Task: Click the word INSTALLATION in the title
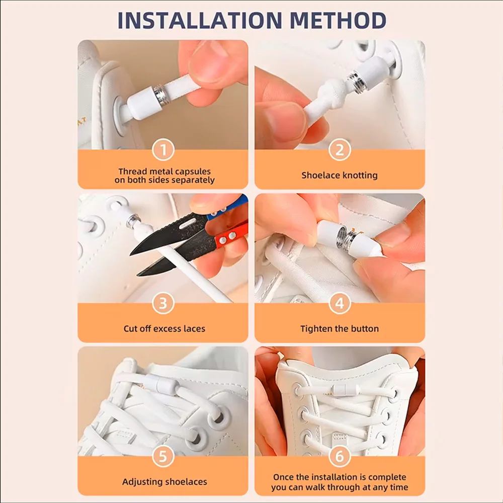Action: [x=200, y=20]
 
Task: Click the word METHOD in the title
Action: [x=338, y=20]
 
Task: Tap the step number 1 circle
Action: [x=163, y=149]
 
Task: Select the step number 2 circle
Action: [x=340, y=149]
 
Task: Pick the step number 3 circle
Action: [x=163, y=303]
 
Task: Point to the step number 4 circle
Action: [x=340, y=303]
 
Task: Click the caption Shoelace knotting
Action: [x=340, y=176]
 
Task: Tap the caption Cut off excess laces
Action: [x=164, y=328]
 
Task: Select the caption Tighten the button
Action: [x=340, y=329]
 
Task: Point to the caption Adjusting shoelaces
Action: [x=164, y=482]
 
